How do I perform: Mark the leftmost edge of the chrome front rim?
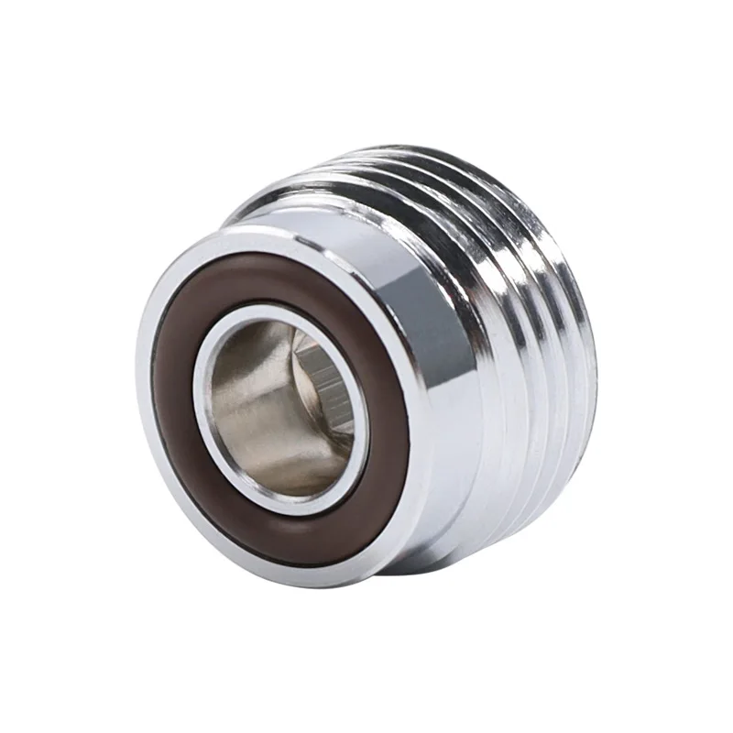[x=140, y=403]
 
